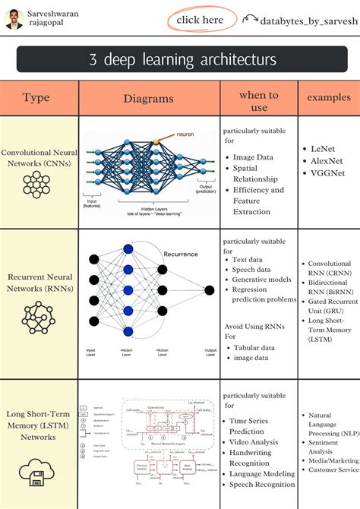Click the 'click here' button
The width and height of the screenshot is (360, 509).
tap(201, 20)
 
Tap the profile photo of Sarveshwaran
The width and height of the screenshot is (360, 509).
tap(14, 19)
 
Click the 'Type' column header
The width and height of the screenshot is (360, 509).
tap(36, 98)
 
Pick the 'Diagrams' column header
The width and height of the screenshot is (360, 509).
tap(149, 99)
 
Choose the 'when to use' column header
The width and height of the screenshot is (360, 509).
tap(258, 101)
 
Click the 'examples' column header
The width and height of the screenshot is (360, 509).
tap(329, 98)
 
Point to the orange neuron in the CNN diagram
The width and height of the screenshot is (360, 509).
tap(155, 142)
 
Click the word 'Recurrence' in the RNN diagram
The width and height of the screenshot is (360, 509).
tap(181, 254)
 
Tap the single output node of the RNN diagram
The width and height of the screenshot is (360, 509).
tap(208, 289)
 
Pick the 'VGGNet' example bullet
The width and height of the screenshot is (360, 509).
tap(329, 174)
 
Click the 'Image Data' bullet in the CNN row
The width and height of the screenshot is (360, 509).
tap(254, 157)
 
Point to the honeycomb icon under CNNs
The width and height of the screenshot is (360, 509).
tap(36, 184)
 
